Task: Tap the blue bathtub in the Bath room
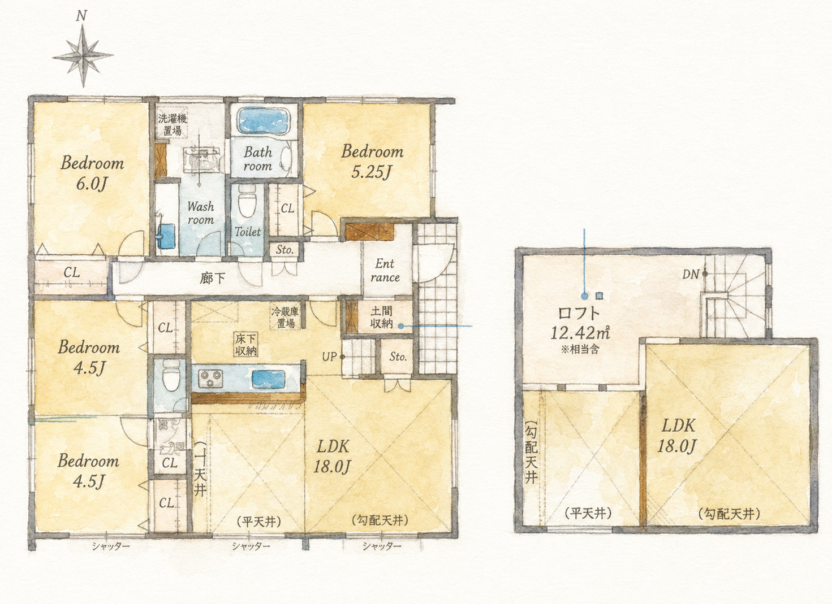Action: click(x=263, y=120)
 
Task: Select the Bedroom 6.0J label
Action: click(x=92, y=173)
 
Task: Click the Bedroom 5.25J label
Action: click(x=372, y=162)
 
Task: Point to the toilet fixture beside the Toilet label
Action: click(x=247, y=201)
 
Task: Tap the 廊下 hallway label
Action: click(x=212, y=278)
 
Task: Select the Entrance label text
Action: click(x=385, y=271)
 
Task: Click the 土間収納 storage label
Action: click(x=381, y=318)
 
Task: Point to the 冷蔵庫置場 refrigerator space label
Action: click(x=285, y=317)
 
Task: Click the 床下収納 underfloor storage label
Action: click(x=245, y=345)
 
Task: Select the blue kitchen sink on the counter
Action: click(x=269, y=379)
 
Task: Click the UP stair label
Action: click(x=329, y=357)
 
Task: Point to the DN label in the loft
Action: click(x=691, y=274)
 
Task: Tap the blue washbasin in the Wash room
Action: click(x=166, y=236)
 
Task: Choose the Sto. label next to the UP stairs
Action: click(x=398, y=357)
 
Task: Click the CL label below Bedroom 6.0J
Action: click(x=71, y=273)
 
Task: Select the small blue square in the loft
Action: click(x=599, y=296)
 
